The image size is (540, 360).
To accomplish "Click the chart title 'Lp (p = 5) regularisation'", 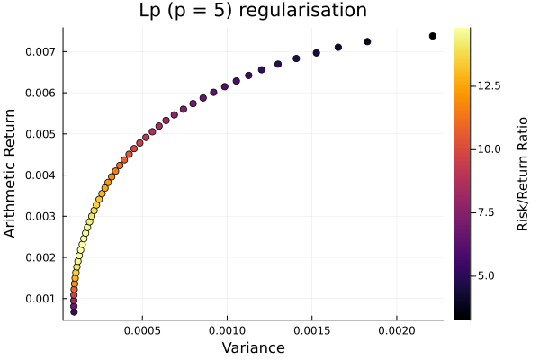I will [253, 12].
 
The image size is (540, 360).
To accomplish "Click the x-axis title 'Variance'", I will [253, 347].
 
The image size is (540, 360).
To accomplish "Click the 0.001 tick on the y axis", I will [41, 299].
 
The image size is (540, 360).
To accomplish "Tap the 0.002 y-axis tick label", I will [41, 257].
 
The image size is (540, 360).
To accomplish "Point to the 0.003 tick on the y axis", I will [41, 216].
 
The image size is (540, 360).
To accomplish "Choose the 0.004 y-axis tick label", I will [41, 175].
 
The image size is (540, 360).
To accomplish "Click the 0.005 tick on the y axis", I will [41, 134].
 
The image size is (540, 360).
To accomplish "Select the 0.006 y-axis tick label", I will [41, 93].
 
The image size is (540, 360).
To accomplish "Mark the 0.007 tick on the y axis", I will [41, 52].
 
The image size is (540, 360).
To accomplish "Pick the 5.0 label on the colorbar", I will [487, 274].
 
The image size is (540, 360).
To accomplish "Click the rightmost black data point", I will [433, 36].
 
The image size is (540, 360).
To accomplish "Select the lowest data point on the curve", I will [74, 311].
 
